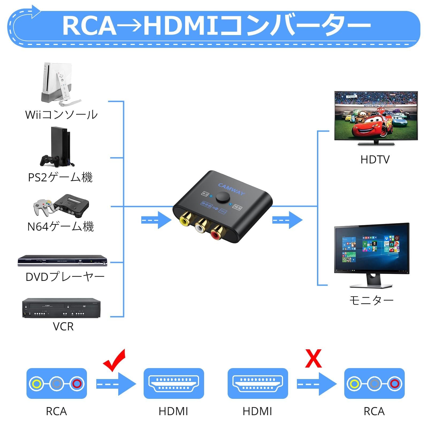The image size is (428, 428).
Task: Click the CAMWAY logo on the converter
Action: [231, 189]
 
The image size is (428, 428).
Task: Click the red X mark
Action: [313, 359]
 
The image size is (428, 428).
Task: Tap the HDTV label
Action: [375, 160]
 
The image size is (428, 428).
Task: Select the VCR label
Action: [63, 327]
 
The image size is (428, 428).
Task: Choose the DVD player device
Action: [62, 260]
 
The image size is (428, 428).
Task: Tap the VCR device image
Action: [61, 308]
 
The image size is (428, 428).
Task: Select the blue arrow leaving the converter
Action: [287, 220]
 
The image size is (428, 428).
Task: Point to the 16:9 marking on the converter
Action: [237, 207]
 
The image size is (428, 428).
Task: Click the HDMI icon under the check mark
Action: [174, 383]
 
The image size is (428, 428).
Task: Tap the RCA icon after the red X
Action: [374, 383]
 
